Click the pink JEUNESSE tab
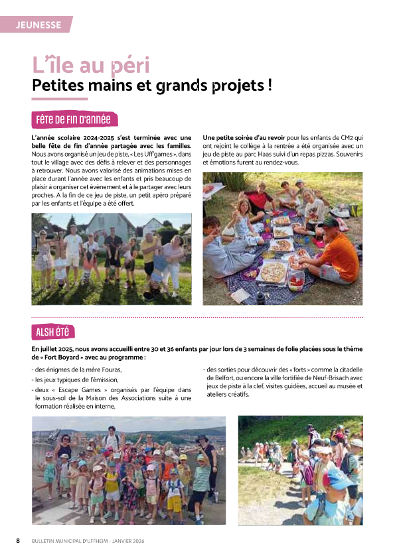(x=38, y=25)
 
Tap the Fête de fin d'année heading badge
(x=74, y=119)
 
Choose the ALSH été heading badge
(x=52, y=332)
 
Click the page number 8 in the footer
(x=18, y=541)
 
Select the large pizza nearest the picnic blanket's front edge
(x=272, y=271)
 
